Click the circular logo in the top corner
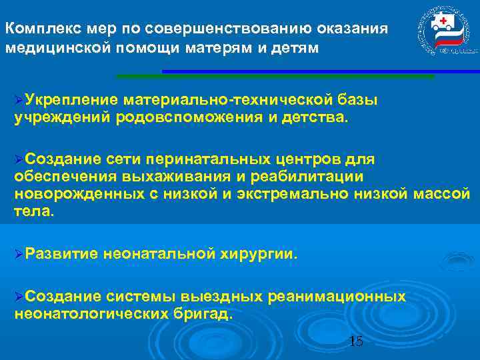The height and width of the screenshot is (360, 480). tap(441, 33)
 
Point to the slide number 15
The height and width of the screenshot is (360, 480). tap(356, 341)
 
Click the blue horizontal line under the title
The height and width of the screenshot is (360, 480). tap(320, 71)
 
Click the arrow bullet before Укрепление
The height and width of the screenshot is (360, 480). tap(19, 100)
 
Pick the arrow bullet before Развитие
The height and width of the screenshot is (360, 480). tap(19, 254)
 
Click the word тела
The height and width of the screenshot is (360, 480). tap(32, 211)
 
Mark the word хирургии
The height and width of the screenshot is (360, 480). tap(261, 254)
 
